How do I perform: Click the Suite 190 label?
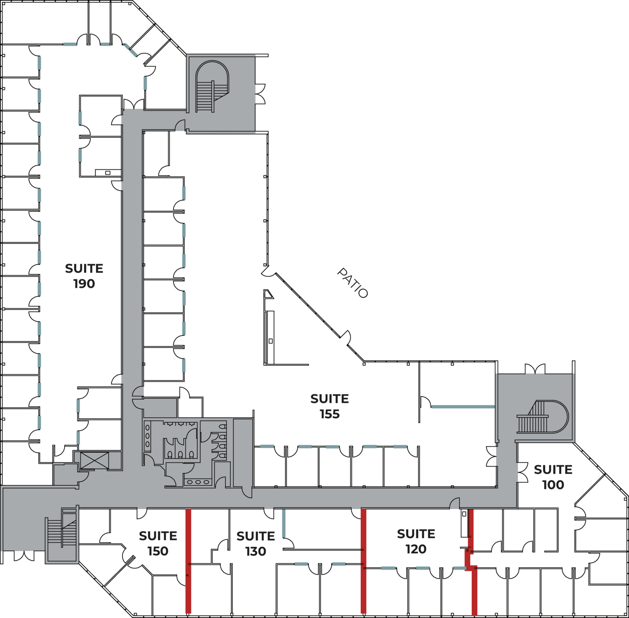coord(84,276)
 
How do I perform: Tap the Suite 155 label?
coord(330,406)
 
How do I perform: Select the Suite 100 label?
coord(553,477)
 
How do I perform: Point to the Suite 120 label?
coord(416,541)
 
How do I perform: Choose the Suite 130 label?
coord(256,544)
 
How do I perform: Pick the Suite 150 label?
coord(158,543)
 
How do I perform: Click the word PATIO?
coord(353,283)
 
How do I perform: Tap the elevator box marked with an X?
coord(94,460)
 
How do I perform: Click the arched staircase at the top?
coord(212,87)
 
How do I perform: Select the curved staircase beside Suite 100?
coord(542,417)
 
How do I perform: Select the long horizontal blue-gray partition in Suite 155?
coord(463,407)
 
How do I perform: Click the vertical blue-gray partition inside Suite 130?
coord(284,523)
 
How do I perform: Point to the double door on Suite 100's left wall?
coord(522,472)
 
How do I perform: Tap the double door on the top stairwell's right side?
coord(260,94)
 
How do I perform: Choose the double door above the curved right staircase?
coord(535,369)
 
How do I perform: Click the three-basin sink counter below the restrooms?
coord(198,482)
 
